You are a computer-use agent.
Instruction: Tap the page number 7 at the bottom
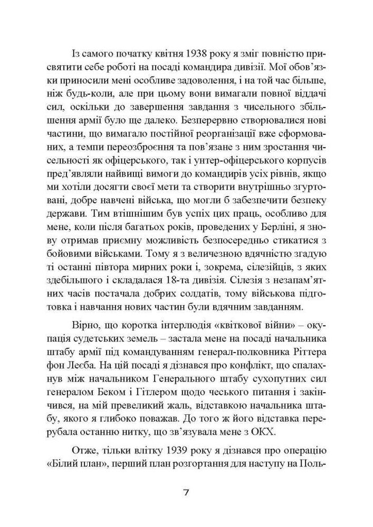[x=186, y=493]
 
